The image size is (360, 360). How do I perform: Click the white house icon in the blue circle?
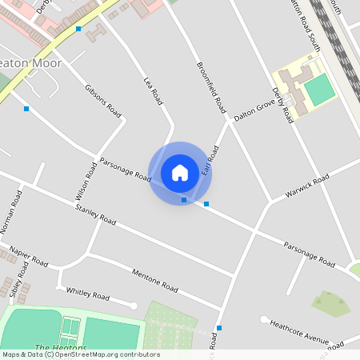click(x=180, y=172)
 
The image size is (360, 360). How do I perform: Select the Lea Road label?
click(x=153, y=91)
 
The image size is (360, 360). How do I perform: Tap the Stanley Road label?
click(x=95, y=214)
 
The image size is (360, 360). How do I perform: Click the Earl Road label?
click(x=210, y=161)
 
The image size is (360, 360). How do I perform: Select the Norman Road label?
click(x=12, y=212)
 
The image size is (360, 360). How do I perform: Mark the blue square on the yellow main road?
click(x=78, y=29)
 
